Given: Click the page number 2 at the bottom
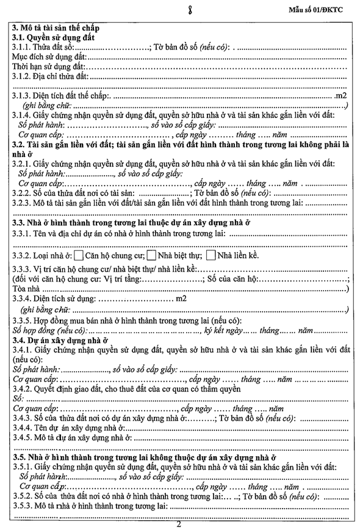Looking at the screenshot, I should coord(179,524).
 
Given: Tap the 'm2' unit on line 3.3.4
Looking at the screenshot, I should coord(181,299).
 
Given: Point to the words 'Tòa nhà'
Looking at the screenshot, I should coord(24,288).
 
